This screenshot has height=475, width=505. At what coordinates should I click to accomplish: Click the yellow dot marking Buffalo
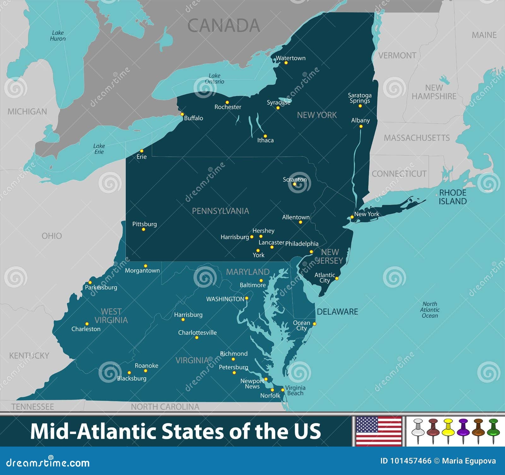coord(182,114)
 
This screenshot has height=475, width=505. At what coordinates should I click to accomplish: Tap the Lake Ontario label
coord(214,79)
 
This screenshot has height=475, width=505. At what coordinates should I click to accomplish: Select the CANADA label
coord(224,26)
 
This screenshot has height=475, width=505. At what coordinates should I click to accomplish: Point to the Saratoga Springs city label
coord(359,98)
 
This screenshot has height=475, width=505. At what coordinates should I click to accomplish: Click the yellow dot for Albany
coord(361,127)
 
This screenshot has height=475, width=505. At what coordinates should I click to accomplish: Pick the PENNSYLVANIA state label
coord(220,211)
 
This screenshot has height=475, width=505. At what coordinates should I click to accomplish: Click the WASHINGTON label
coord(225,299)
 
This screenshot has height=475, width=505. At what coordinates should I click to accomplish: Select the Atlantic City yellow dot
coord(337,279)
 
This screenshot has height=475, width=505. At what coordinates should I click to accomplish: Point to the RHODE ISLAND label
coord(453,197)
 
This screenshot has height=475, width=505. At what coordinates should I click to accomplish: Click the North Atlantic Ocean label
coord(430,310)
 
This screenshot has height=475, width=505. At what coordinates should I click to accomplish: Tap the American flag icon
coord(378,431)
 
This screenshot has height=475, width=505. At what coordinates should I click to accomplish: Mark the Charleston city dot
coord(87,324)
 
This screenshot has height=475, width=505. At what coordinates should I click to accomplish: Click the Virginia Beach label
coord(295,390)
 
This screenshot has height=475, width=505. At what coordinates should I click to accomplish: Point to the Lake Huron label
coord(58,36)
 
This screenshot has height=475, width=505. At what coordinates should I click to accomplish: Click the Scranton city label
coord(294,179)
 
